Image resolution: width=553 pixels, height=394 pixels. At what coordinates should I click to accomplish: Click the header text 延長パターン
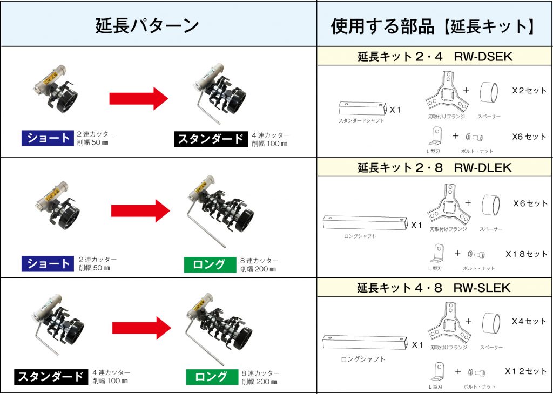147,25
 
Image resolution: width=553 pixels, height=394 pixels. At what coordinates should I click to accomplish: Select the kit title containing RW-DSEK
435,56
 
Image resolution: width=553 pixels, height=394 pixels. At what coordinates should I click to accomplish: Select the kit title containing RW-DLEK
435,168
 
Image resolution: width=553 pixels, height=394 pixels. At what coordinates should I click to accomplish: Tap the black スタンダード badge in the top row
210,139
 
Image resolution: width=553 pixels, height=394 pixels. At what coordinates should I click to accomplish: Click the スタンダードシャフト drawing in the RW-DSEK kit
361,108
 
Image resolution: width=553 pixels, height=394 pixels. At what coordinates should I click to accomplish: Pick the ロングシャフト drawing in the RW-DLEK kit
364,223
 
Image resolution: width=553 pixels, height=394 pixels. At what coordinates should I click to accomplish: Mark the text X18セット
526,254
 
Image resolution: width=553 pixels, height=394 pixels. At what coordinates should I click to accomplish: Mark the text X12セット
525,371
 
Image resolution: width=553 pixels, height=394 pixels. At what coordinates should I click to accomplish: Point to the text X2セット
529,91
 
